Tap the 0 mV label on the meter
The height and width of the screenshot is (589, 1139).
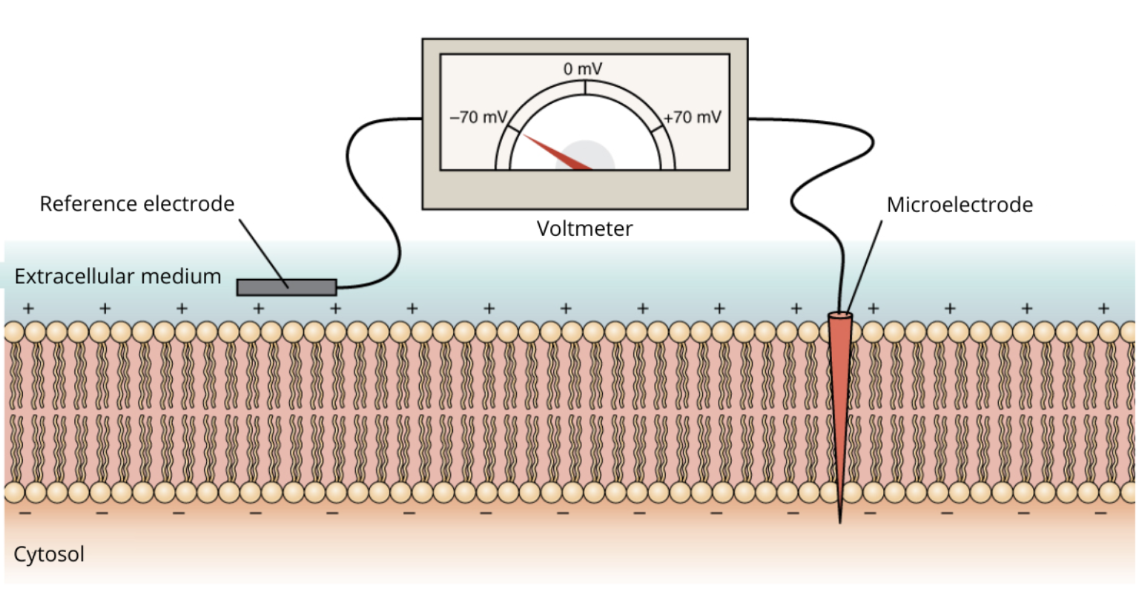pyautogui.click(x=583, y=69)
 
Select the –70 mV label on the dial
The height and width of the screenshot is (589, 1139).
pyautogui.click(x=478, y=117)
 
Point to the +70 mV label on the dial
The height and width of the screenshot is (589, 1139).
pyautogui.click(x=692, y=117)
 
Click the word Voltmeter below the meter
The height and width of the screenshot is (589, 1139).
pyautogui.click(x=584, y=228)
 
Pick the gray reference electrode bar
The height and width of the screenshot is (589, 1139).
pyautogui.click(x=286, y=287)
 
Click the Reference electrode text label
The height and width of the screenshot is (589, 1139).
pyautogui.click(x=136, y=204)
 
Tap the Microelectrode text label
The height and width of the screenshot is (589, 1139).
pyautogui.click(x=959, y=205)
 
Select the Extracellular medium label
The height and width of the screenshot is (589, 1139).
pyautogui.click(x=118, y=277)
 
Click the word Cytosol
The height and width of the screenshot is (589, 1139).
pyautogui.click(x=49, y=554)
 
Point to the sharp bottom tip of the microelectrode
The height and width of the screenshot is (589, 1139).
pyautogui.click(x=840, y=521)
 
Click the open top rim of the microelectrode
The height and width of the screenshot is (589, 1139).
pyautogui.click(x=840, y=317)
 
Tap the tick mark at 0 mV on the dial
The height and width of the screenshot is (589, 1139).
pyautogui.click(x=585, y=88)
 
